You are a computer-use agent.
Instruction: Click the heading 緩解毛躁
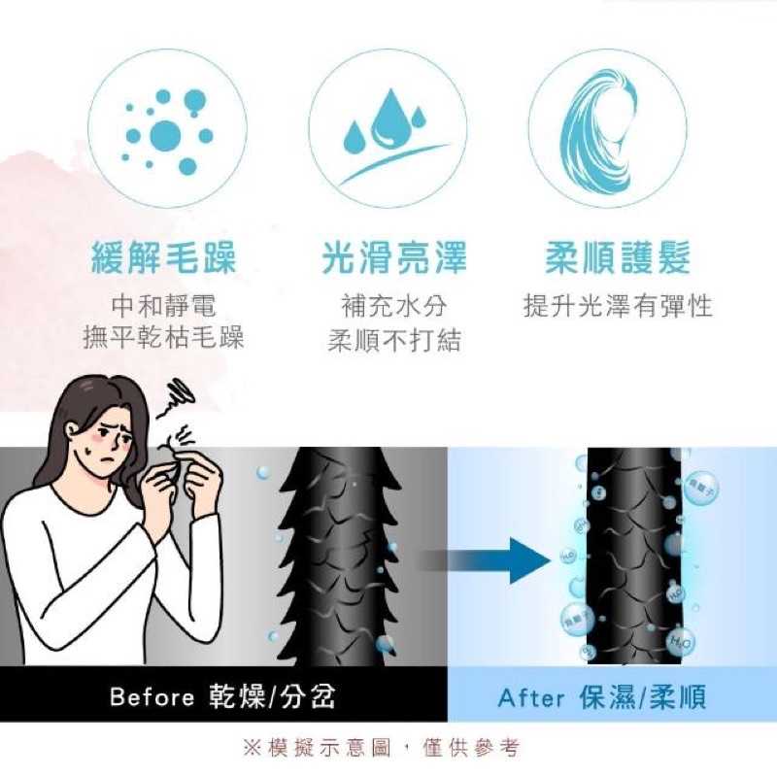click(x=163, y=259)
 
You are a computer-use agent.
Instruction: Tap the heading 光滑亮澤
click(x=393, y=259)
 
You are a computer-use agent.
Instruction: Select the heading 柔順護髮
click(x=618, y=259)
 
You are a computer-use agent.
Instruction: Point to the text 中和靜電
click(x=163, y=307)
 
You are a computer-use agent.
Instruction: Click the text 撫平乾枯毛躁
click(x=163, y=338)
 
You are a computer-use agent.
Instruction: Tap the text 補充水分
click(x=393, y=307)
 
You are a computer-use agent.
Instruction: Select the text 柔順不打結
click(x=393, y=341)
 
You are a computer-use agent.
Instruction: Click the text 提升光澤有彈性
click(x=618, y=307)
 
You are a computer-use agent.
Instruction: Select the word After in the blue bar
click(x=532, y=697)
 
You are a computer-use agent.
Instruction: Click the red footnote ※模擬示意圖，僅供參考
click(x=381, y=748)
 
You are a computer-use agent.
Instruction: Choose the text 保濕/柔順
click(x=641, y=697)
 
